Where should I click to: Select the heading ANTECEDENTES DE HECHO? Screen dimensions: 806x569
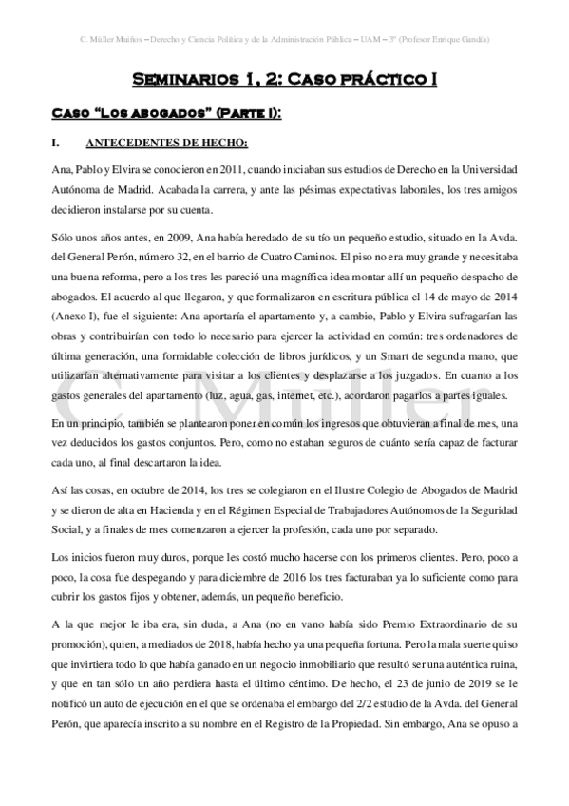tap(166, 144)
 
